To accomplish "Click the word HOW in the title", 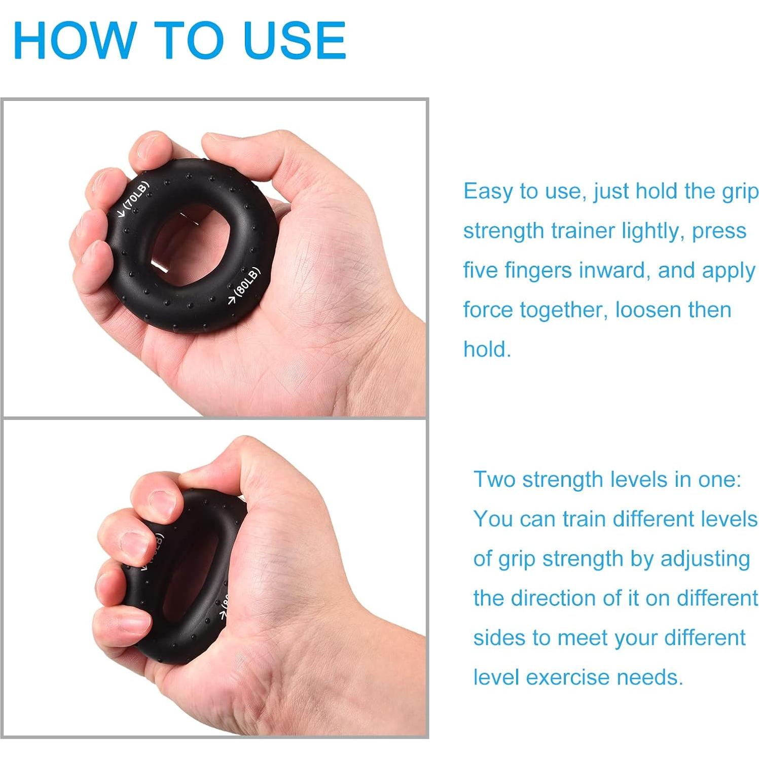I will (74, 41).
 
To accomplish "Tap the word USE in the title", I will (294, 41).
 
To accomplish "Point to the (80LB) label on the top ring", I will (248, 281).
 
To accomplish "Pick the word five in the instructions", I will (481, 270).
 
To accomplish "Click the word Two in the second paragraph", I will (494, 480).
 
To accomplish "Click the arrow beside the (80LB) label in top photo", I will (232, 301).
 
